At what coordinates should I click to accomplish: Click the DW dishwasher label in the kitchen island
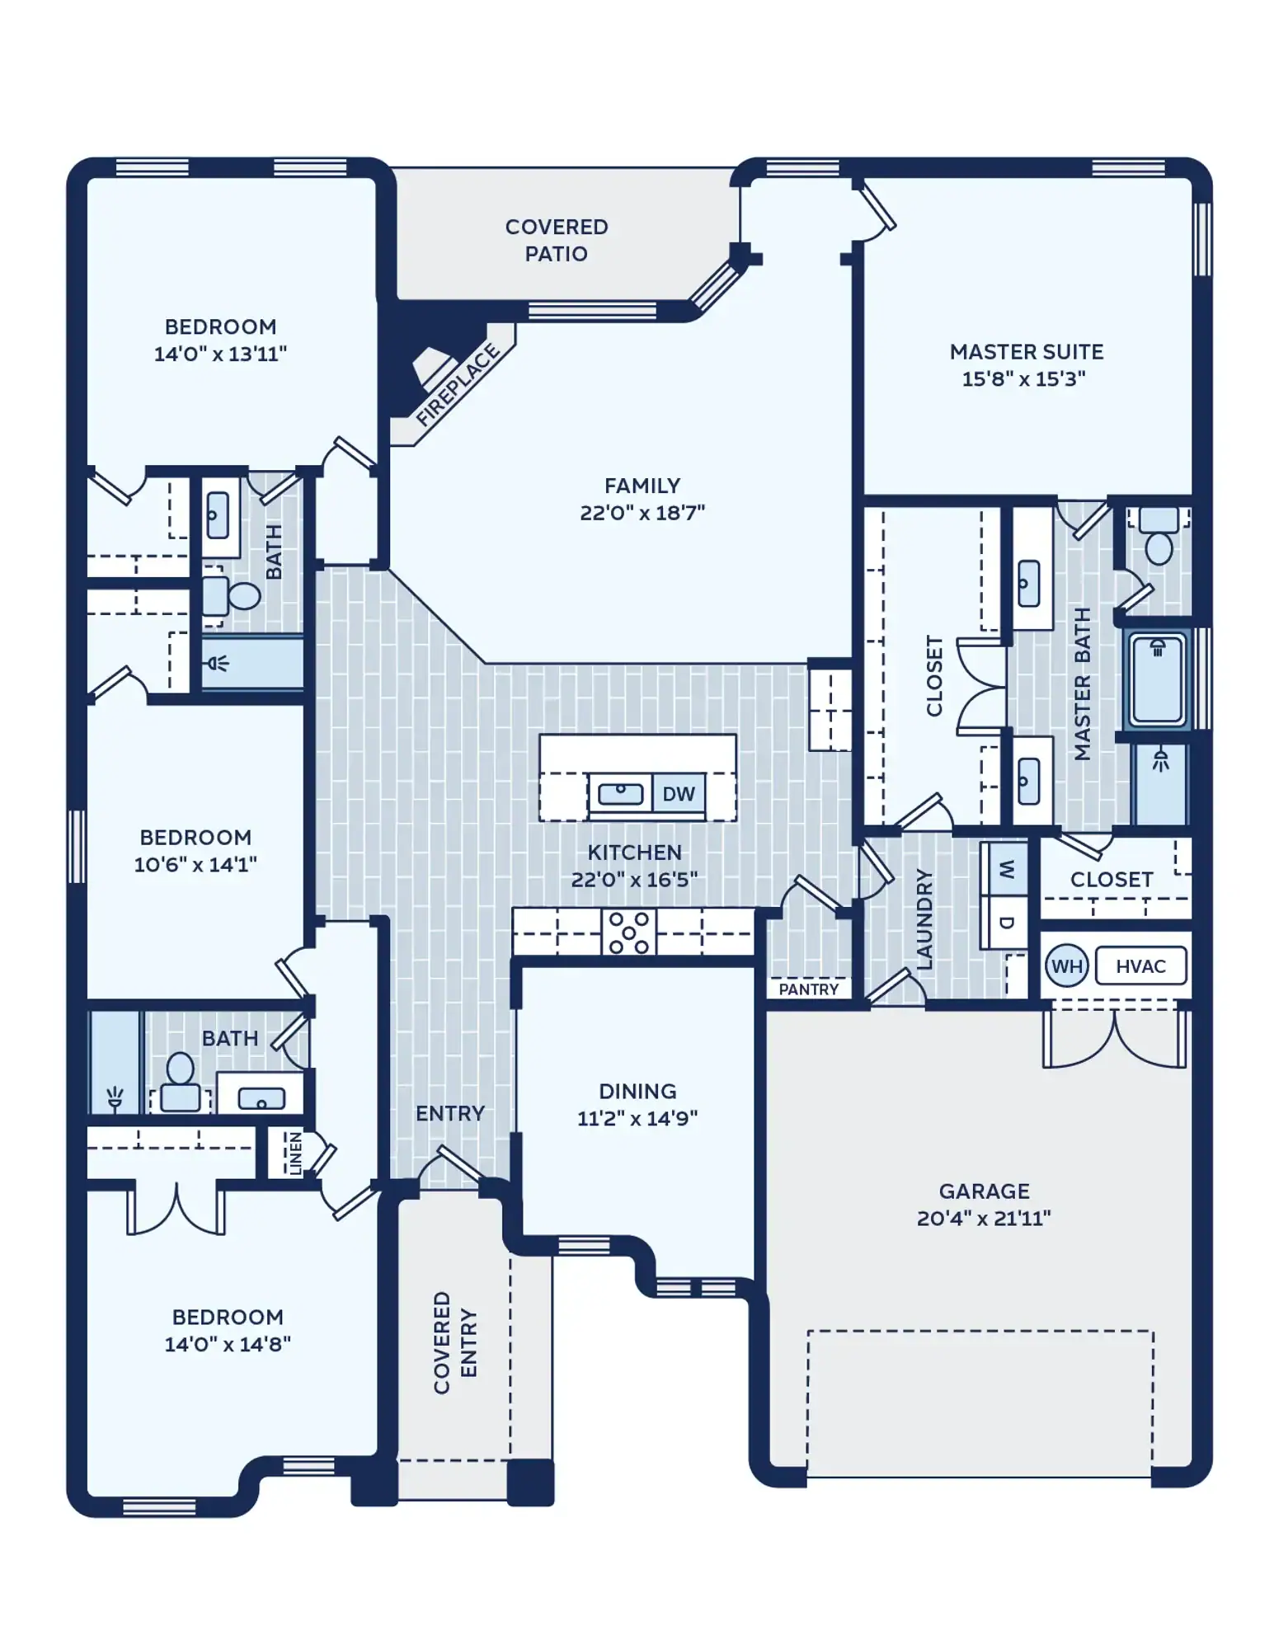(678, 794)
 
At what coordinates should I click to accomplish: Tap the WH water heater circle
(1066, 966)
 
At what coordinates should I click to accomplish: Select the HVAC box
(1140, 966)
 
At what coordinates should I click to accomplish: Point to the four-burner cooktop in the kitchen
(628, 933)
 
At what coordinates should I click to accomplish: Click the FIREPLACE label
(458, 384)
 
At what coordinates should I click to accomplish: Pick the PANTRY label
(808, 989)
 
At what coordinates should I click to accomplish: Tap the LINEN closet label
(295, 1153)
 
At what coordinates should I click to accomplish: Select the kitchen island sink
(620, 794)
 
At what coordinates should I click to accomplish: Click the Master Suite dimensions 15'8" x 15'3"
(1023, 379)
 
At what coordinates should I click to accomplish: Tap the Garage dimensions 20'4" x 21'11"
(984, 1218)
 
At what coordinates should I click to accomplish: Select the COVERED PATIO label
(557, 240)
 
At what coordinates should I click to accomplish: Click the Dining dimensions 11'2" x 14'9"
(637, 1118)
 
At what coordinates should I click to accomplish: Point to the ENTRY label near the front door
(449, 1114)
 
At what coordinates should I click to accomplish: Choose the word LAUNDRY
(924, 918)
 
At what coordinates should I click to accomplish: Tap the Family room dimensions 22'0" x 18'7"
(642, 513)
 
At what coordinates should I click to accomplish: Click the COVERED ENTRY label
(455, 1342)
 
